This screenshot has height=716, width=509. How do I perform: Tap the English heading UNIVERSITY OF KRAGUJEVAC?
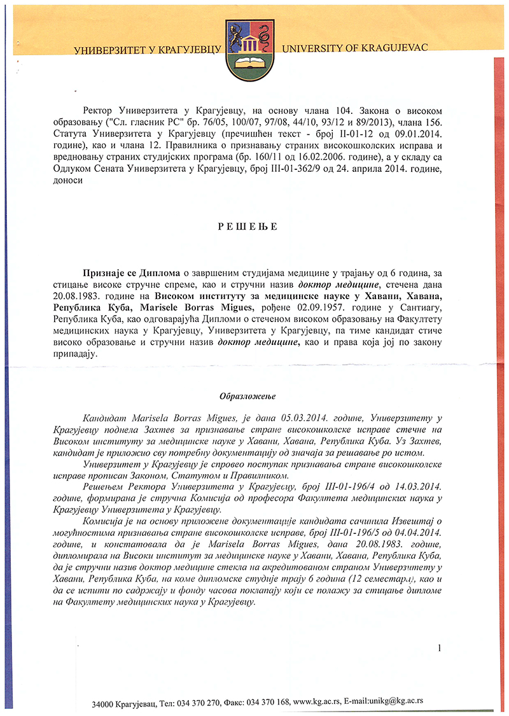click(x=354, y=48)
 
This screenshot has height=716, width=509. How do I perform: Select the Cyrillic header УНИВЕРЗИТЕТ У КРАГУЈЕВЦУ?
click(x=147, y=50)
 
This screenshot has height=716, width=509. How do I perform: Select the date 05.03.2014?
click(x=290, y=418)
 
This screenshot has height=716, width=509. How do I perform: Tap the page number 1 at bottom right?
click(x=439, y=649)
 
